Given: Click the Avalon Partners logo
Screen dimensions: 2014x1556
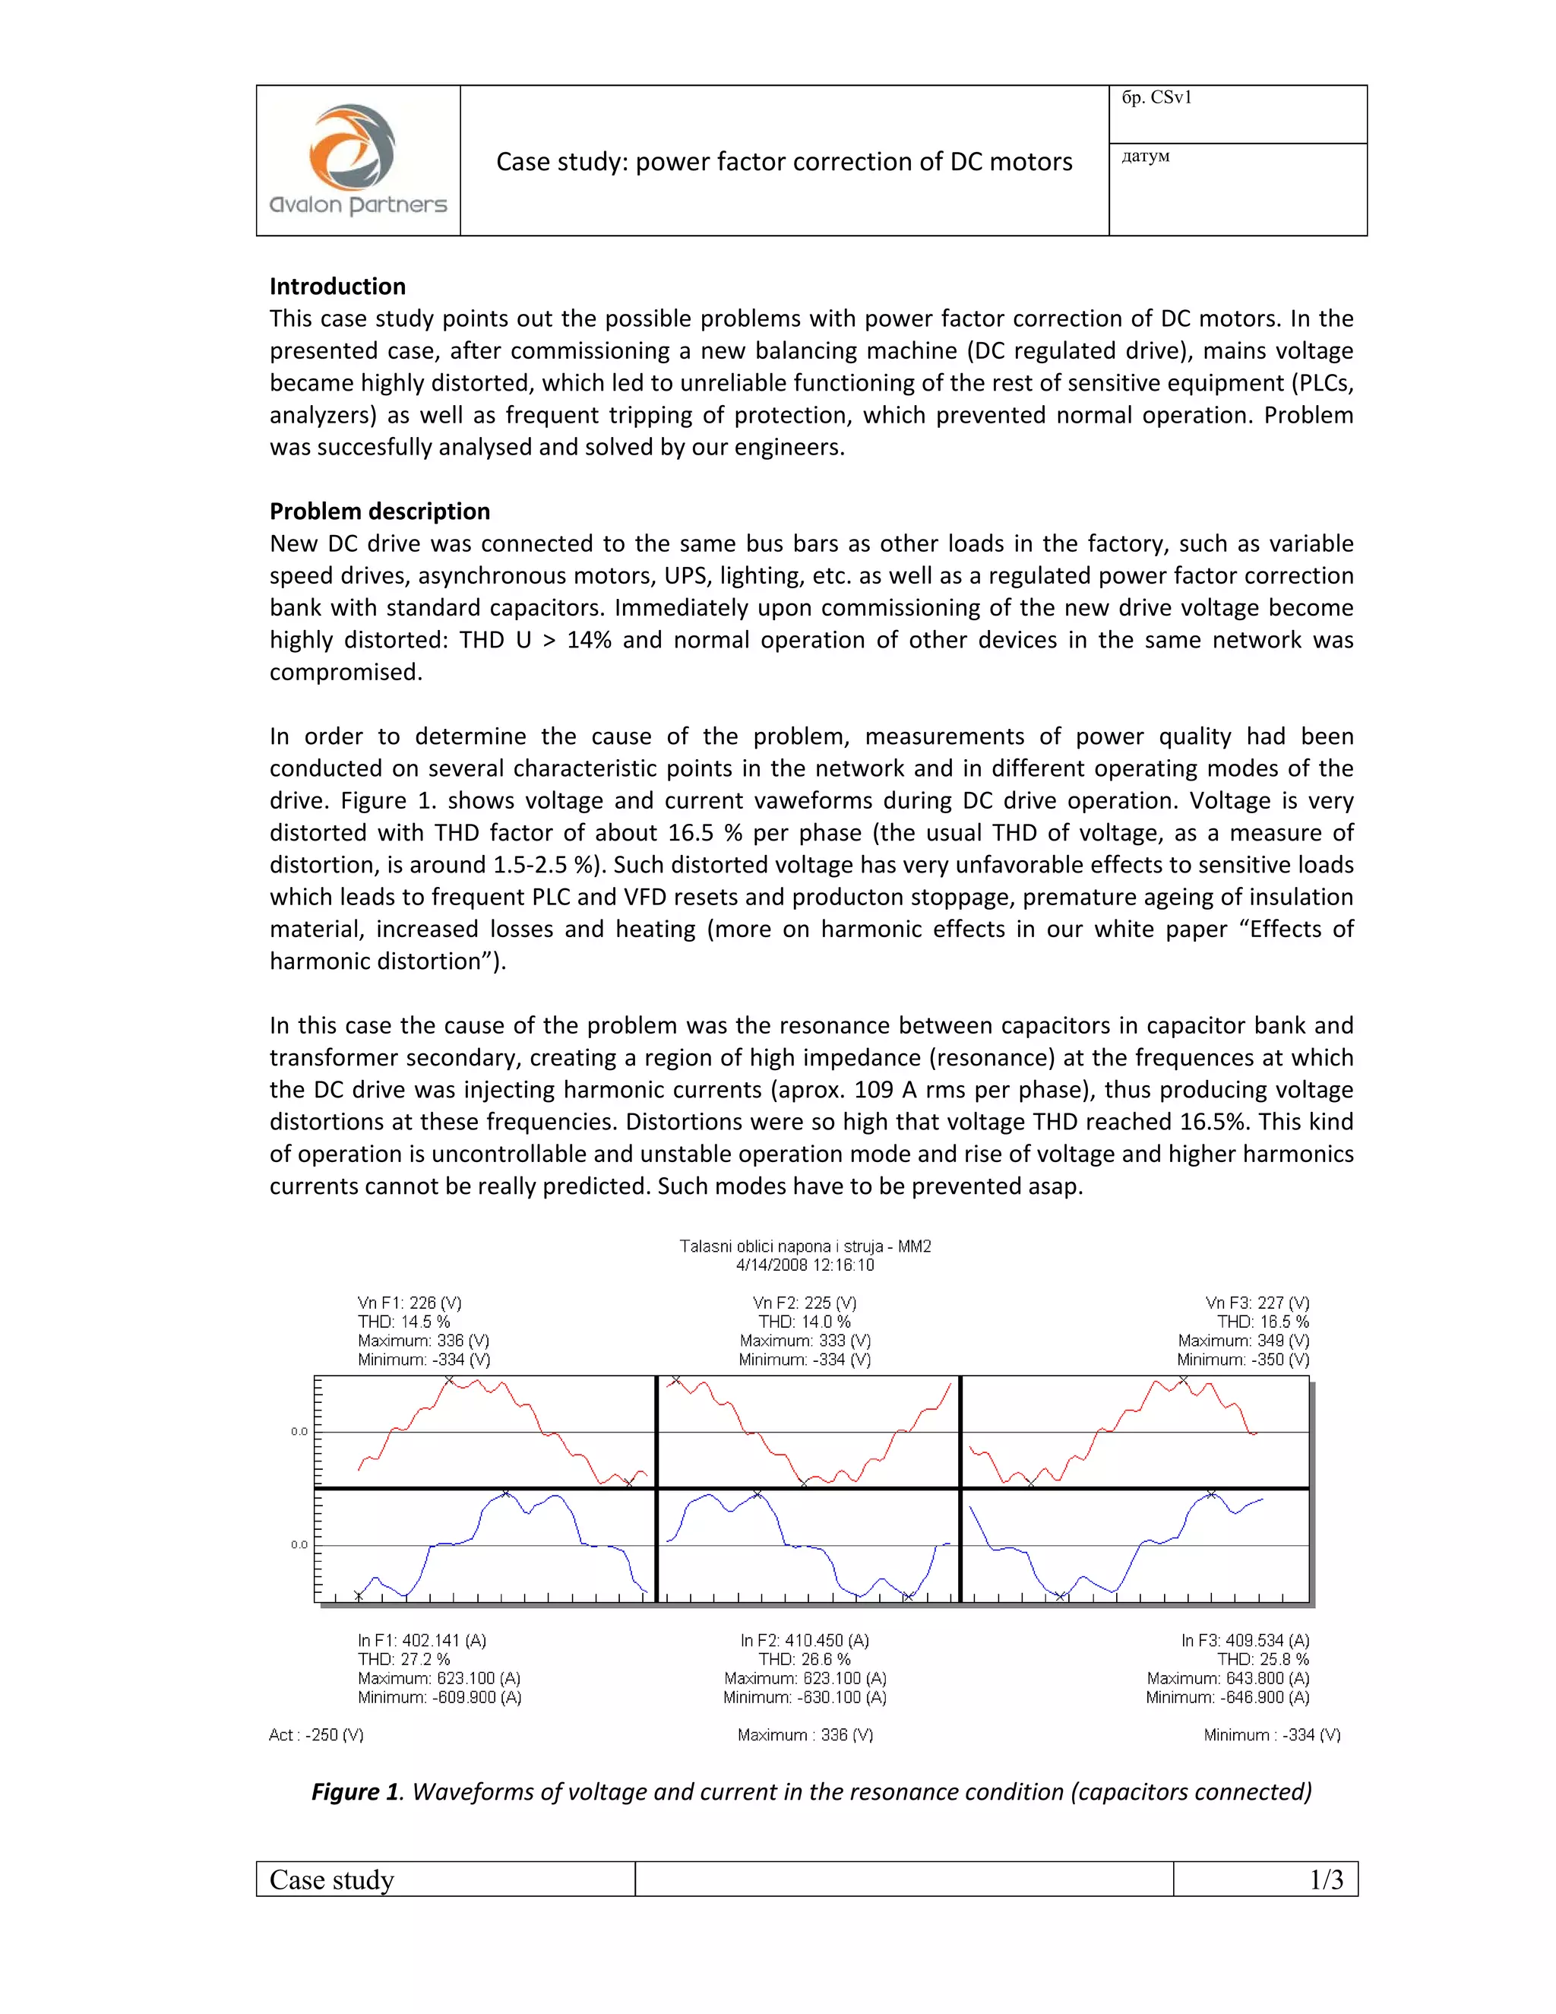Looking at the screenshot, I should pyautogui.click(x=358, y=160).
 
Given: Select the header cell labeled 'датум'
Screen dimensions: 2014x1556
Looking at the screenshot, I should pyautogui.click(x=1145, y=156).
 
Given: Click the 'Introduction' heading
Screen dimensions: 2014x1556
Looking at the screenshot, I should pyautogui.click(x=337, y=286).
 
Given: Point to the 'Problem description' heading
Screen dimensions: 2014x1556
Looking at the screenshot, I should pyautogui.click(x=379, y=511).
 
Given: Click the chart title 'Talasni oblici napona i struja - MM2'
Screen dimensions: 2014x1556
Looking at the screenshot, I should pyautogui.click(x=805, y=1246).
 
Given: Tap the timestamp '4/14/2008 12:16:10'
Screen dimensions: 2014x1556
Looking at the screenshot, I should pyautogui.click(x=805, y=1265).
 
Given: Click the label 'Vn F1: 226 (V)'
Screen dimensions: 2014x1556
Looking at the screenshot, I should pyautogui.click(x=410, y=1303).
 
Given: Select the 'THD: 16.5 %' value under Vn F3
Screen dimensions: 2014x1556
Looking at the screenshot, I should pyautogui.click(x=1262, y=1322).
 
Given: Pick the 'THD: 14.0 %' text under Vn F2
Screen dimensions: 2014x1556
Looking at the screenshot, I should pyautogui.click(x=804, y=1322).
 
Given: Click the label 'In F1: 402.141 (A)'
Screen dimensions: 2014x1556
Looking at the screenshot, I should pyautogui.click(x=421, y=1641).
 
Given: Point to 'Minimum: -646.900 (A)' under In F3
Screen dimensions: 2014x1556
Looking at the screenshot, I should pyautogui.click(x=1227, y=1697).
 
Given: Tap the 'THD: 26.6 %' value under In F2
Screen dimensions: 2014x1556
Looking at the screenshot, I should pyautogui.click(x=804, y=1659).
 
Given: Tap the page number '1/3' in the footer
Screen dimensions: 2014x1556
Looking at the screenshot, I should pyautogui.click(x=1326, y=1879).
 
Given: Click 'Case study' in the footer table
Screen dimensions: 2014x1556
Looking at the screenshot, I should pyautogui.click(x=331, y=1879).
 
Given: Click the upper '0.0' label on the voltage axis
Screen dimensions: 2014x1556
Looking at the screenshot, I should pyautogui.click(x=299, y=1431).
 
